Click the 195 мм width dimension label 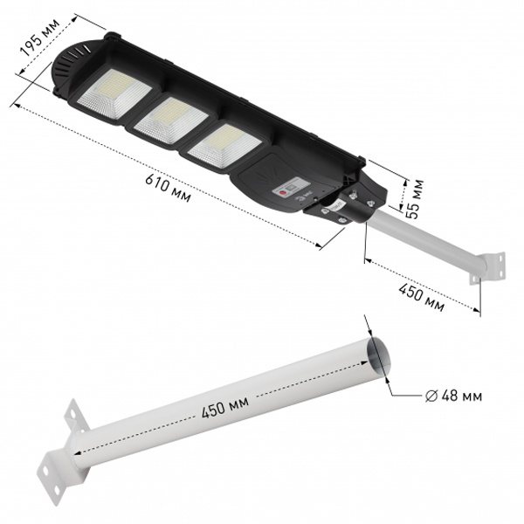point(40,37)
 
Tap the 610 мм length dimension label point(168,188)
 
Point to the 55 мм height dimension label point(415,199)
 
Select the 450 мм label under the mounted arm point(421,297)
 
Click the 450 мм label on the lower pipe point(225,406)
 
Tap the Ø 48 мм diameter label point(453,396)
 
